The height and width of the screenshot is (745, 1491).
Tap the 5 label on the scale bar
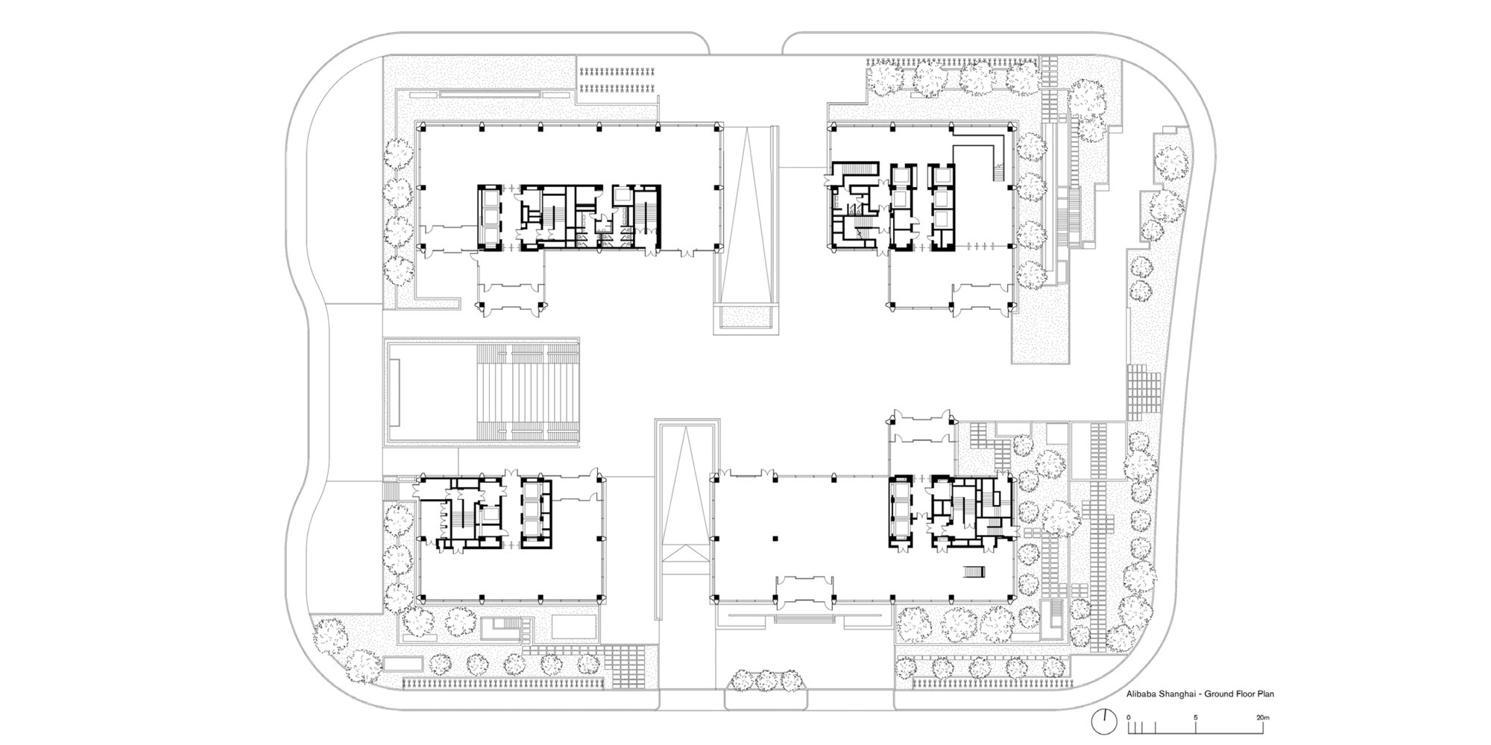click(1195, 717)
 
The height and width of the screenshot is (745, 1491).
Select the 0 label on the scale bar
click(1129, 717)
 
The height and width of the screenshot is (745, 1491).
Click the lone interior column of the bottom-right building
click(775, 537)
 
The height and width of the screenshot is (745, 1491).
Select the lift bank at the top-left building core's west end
click(491, 217)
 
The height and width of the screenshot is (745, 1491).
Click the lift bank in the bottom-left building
click(535, 512)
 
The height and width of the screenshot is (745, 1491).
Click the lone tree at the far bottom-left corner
click(330, 635)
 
